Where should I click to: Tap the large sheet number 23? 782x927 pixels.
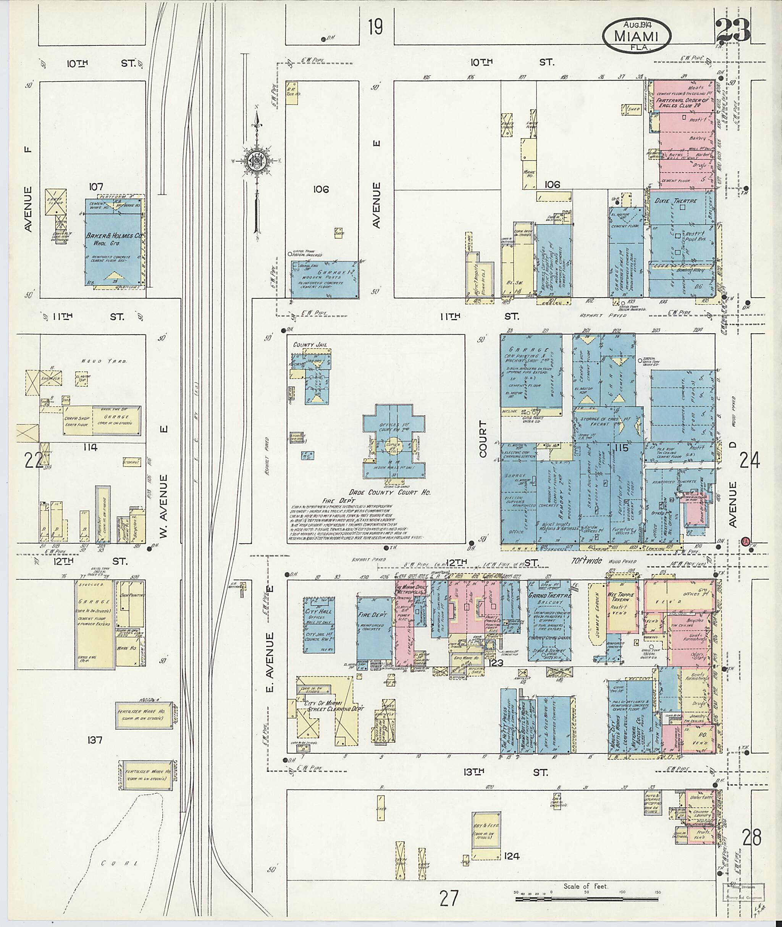tap(733, 30)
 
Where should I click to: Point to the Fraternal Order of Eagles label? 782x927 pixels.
tap(683, 103)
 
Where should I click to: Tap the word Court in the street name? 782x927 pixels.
tap(482, 439)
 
